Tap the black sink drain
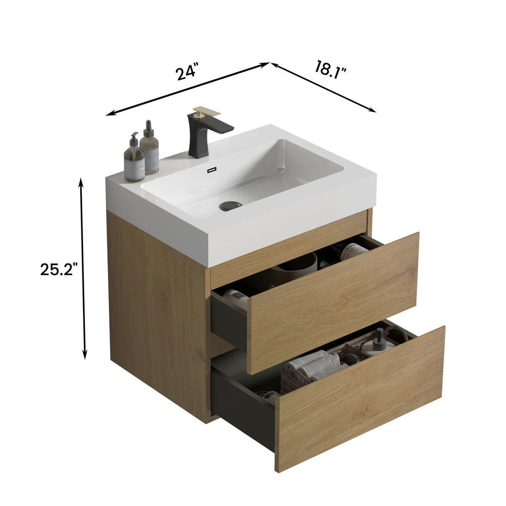click(230, 206)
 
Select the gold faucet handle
click(206, 112)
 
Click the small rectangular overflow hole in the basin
click(211, 171)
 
